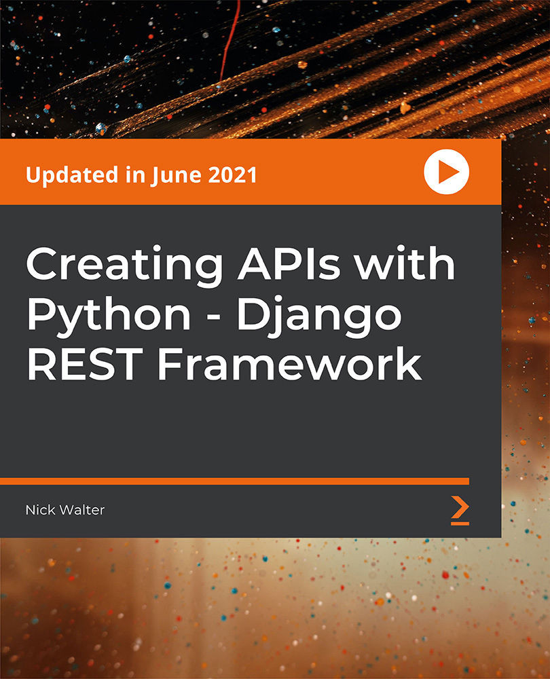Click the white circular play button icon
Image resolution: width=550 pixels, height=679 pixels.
point(446,172)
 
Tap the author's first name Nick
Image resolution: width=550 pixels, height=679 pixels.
point(41,510)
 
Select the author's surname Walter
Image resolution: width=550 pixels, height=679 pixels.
point(82,510)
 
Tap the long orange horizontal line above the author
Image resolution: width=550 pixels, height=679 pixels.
point(234,481)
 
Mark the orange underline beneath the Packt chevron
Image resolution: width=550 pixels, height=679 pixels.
point(460,523)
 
